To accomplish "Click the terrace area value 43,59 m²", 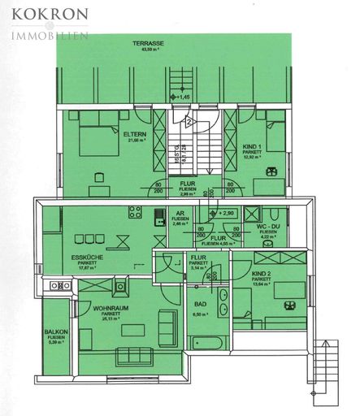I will [150, 50].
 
